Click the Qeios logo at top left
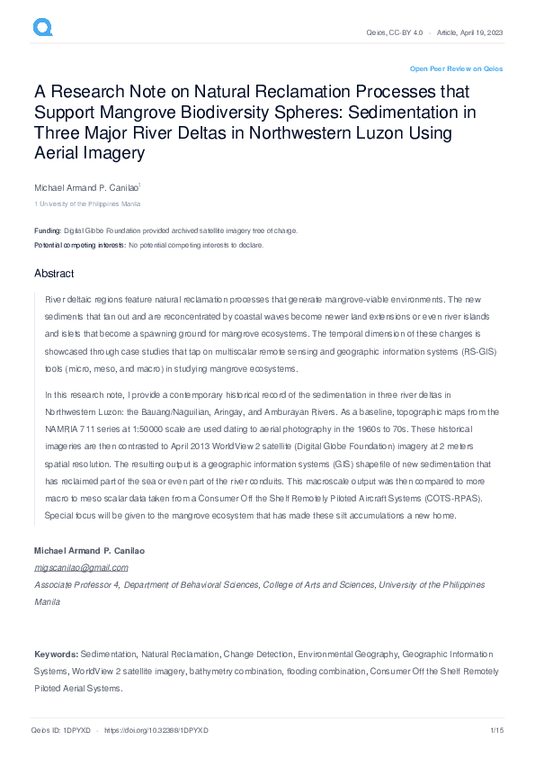click(x=43, y=28)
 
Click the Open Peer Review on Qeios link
click(x=456, y=68)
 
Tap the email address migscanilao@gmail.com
click(x=81, y=567)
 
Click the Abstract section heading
click(x=54, y=274)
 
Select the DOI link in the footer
click(x=156, y=731)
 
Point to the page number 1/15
click(x=495, y=731)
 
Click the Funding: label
click(x=49, y=230)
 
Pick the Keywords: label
click(x=56, y=653)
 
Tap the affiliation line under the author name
click(x=87, y=204)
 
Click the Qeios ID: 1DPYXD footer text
click(x=59, y=731)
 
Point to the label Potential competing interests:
click(x=80, y=245)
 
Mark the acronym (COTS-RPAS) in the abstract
click(x=457, y=498)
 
